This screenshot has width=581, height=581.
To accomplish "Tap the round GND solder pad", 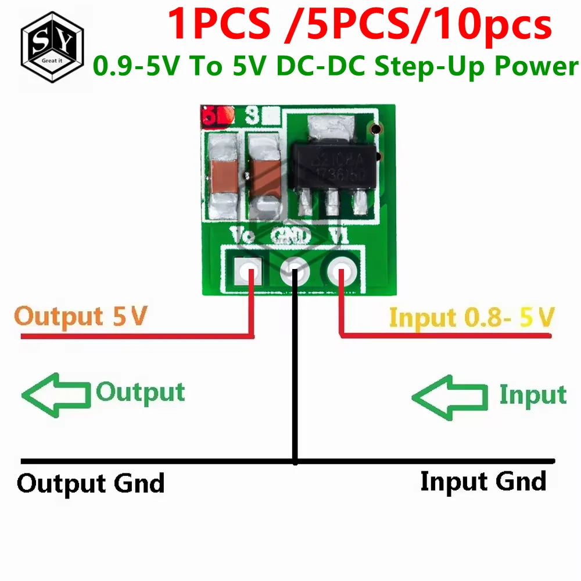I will pyautogui.click(x=295, y=271).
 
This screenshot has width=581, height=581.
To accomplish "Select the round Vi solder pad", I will pyautogui.click(x=342, y=271).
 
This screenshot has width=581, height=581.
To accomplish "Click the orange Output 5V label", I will pyautogui.click(x=81, y=317).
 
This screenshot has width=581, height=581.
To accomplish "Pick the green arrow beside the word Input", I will pyautogui.click(x=449, y=397).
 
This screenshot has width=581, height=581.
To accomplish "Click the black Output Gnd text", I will pyautogui.click(x=91, y=483).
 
